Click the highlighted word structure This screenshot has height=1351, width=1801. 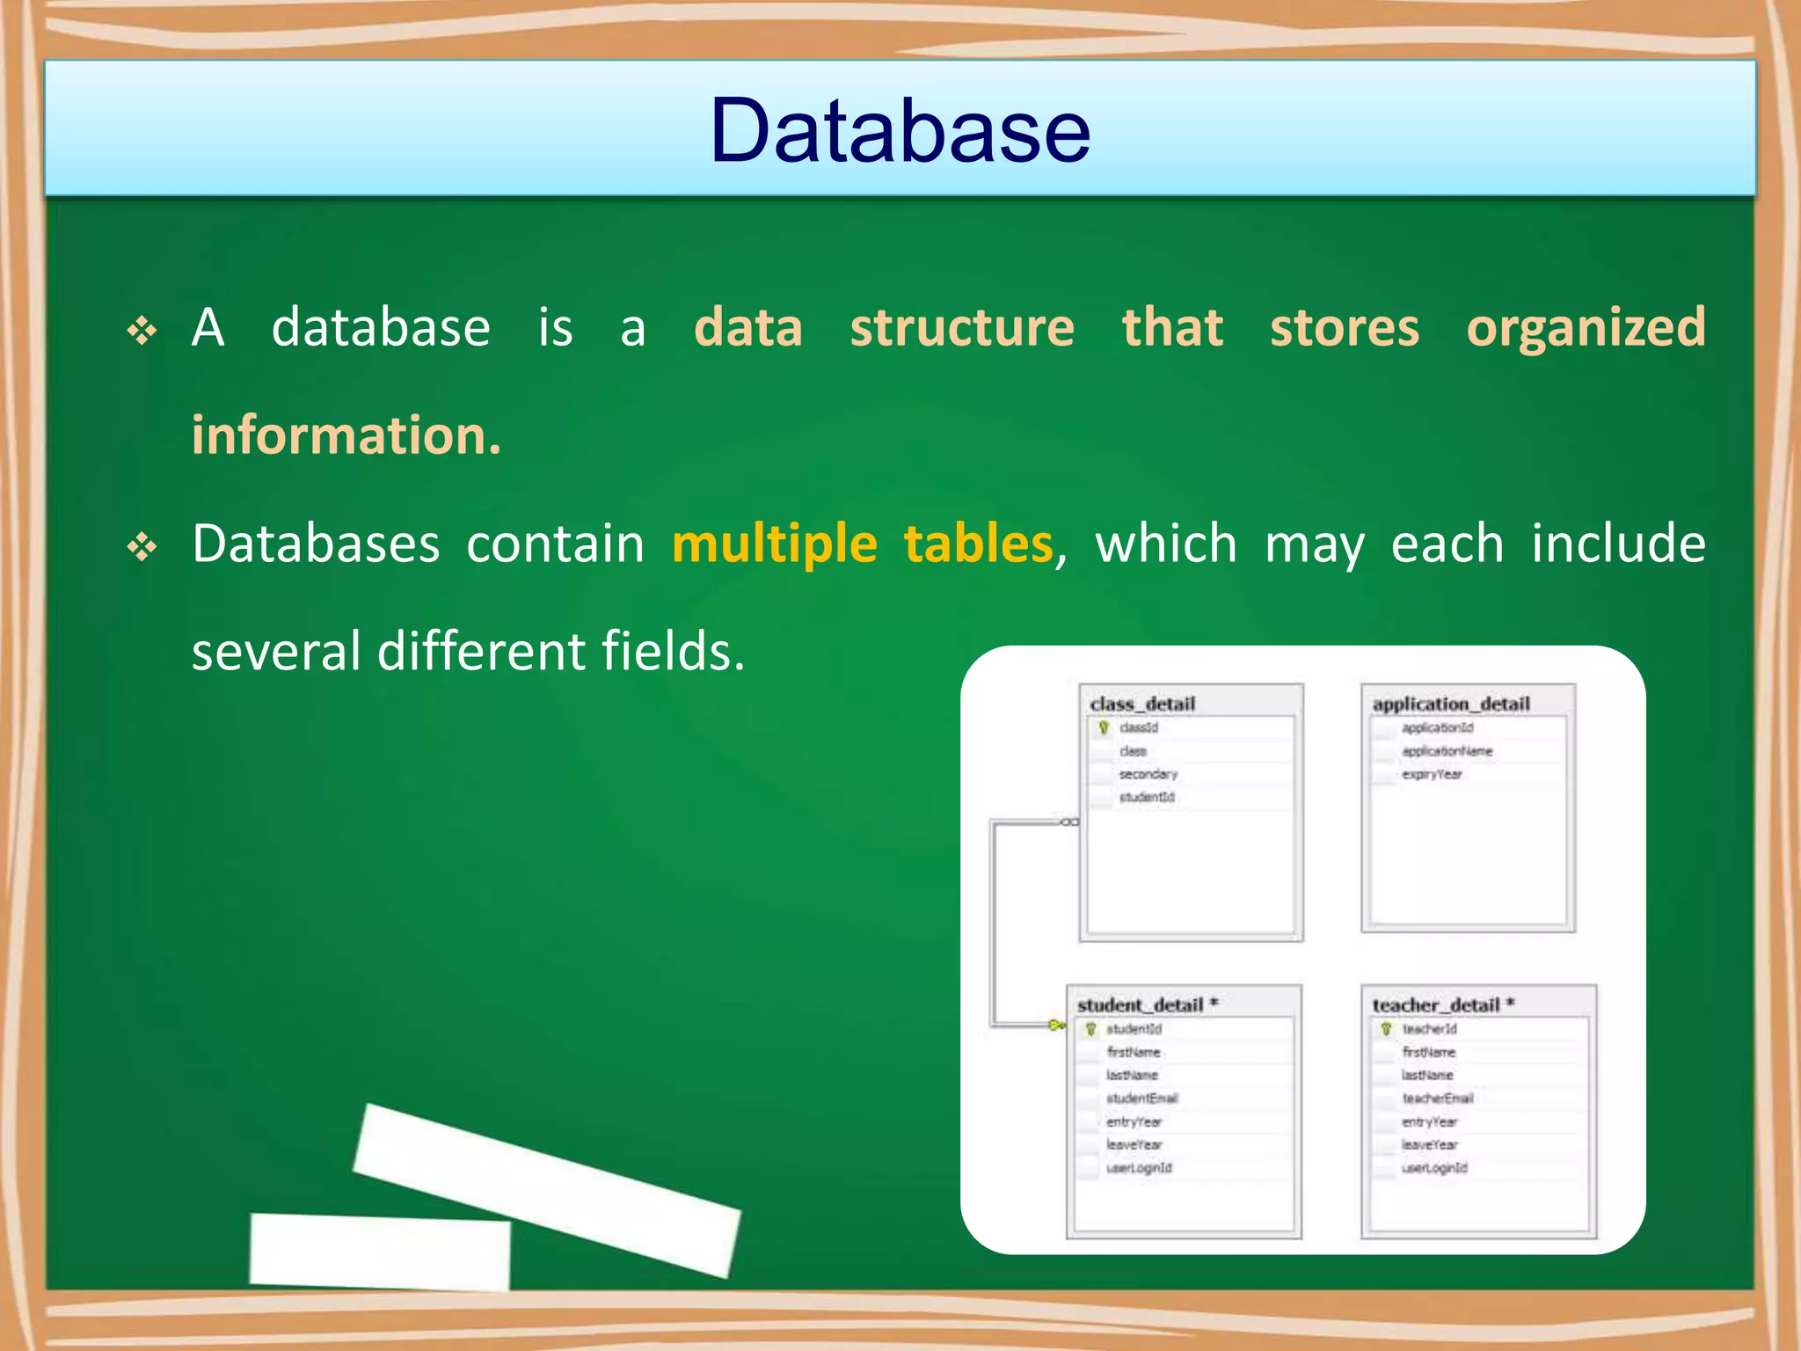click(962, 328)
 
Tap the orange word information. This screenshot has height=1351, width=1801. click(346, 435)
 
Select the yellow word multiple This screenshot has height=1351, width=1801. click(774, 544)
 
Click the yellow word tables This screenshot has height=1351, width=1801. click(978, 543)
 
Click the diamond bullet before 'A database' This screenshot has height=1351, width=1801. click(142, 332)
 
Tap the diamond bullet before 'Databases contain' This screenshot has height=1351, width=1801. click(142, 548)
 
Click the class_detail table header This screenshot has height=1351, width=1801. click(1142, 704)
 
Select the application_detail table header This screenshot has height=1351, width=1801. click(1451, 704)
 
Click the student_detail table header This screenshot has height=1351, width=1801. click(1141, 1004)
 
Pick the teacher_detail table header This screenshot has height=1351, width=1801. click(1436, 1004)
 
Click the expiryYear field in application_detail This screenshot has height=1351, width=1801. click(1432, 774)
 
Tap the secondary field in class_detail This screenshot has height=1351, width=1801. click(1148, 774)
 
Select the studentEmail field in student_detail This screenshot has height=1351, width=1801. click(1141, 1098)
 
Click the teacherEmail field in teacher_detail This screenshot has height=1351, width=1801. click(1437, 1098)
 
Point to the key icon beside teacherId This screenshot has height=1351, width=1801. click(1386, 1028)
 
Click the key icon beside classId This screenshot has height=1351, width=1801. click(1104, 727)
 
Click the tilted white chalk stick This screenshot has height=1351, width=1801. click(547, 1189)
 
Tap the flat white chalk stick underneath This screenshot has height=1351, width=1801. click(380, 1251)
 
